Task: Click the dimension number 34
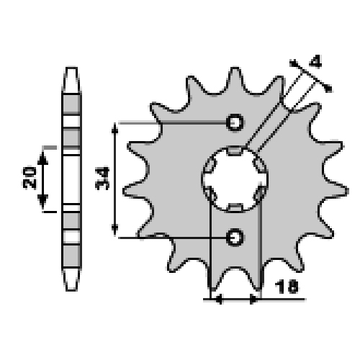coord(102,179)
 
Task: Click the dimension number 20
coord(30,177)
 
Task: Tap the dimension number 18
coord(287,287)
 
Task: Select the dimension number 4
coord(315,61)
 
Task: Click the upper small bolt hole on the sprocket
coord(235,122)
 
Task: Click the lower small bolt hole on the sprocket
coord(235,237)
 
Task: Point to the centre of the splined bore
coord(235,179)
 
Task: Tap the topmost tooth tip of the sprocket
coord(235,68)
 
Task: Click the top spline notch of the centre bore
coord(235,150)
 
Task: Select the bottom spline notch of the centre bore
coord(235,207)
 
